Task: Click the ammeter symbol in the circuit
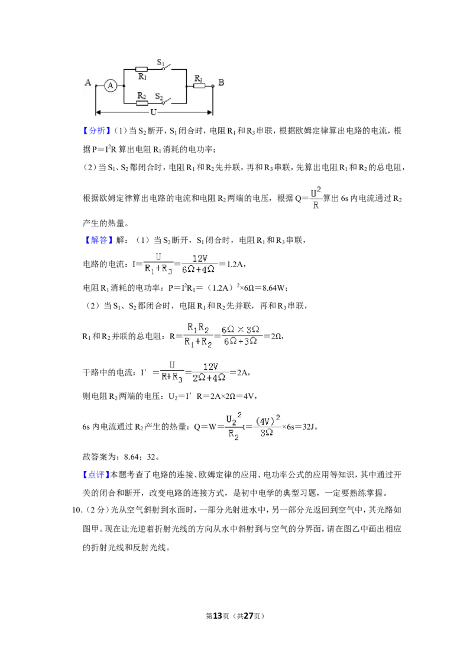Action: point(111,86)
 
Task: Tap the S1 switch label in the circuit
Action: point(160,63)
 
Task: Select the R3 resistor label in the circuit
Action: point(199,79)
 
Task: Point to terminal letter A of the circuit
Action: point(88,82)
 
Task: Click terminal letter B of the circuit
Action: point(221,82)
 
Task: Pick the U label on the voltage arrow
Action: point(153,112)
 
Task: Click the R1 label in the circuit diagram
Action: point(142,77)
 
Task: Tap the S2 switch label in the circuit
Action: point(159,96)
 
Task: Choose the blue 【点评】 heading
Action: point(96,475)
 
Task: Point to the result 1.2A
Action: point(235,265)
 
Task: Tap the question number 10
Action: point(76,510)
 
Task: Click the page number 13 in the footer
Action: point(218,616)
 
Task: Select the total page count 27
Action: point(248,616)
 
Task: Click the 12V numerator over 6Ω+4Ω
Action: point(199,258)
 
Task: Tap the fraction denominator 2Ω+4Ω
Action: point(209,378)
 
